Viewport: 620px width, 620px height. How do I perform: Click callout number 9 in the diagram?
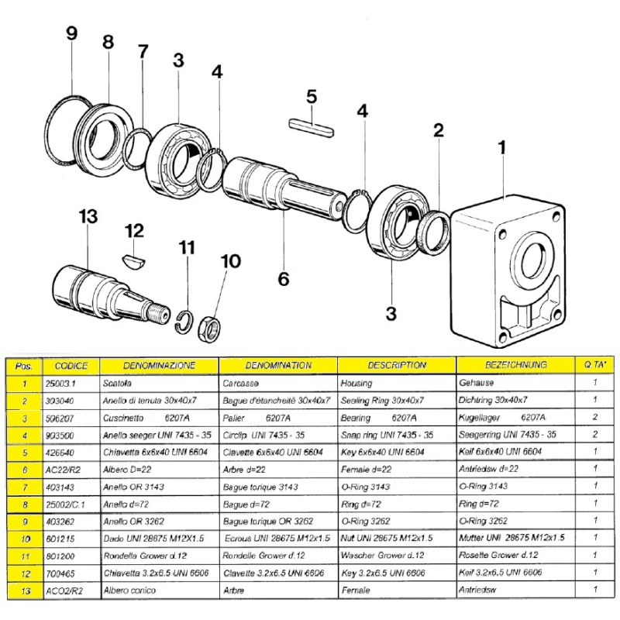click(x=72, y=34)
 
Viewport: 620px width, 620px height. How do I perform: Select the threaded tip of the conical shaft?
click(x=163, y=315)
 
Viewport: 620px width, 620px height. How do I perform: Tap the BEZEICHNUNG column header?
click(x=515, y=365)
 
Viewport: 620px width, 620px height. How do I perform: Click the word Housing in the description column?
click(x=356, y=384)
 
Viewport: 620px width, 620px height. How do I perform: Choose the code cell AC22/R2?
click(x=61, y=469)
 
